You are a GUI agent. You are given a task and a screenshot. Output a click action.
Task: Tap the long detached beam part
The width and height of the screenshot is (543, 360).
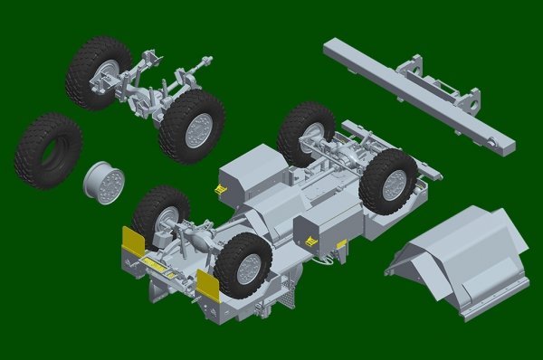coord(416,91)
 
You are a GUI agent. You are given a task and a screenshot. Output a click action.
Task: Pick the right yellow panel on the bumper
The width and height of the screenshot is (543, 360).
coord(207,284)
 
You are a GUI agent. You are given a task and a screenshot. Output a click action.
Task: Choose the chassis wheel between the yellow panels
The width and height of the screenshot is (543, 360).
coord(243,265)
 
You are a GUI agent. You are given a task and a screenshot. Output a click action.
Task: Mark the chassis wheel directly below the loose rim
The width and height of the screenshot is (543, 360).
coord(160,217)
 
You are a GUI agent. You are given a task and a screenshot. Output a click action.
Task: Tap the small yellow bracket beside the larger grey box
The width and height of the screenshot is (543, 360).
coord(220,187)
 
